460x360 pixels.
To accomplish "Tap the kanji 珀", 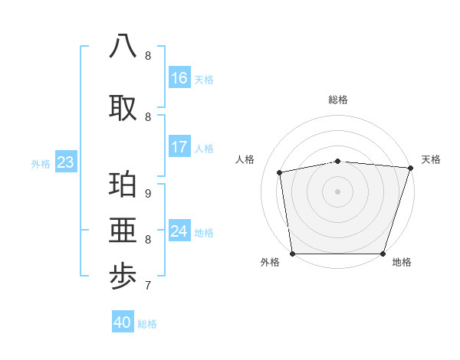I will pos(123,186).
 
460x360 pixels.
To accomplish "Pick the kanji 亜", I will pos(123,231).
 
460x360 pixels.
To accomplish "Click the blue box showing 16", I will pos(179,78).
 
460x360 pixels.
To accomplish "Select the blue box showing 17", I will pos(179,147).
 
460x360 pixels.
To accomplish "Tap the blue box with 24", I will pos(179,231).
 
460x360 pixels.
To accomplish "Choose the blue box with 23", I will pos(65,162).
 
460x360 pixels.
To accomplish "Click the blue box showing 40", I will pos(123,322).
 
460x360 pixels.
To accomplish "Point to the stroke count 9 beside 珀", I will pos(148,193).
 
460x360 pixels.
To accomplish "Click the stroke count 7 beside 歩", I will pos(148,286).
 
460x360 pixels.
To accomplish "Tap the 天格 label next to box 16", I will pos(204,79).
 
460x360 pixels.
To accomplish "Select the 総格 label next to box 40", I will pos(147,324).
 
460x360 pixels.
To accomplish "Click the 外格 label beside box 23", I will pos(41,163).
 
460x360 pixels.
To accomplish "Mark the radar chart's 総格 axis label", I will pos(338,100).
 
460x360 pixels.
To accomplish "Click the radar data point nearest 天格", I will pos(410,168).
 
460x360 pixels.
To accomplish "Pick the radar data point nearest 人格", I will pos(280,172).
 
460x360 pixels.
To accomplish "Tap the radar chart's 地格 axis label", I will pos(402,262).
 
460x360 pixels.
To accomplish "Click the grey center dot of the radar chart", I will pos(338,191).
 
